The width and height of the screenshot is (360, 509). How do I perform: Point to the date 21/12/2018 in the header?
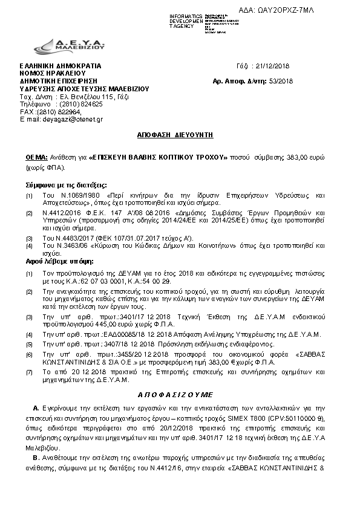coord(275,66)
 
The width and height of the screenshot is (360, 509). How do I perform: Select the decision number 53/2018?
coord(280,80)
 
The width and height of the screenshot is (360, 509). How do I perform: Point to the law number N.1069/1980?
coord(76,197)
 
